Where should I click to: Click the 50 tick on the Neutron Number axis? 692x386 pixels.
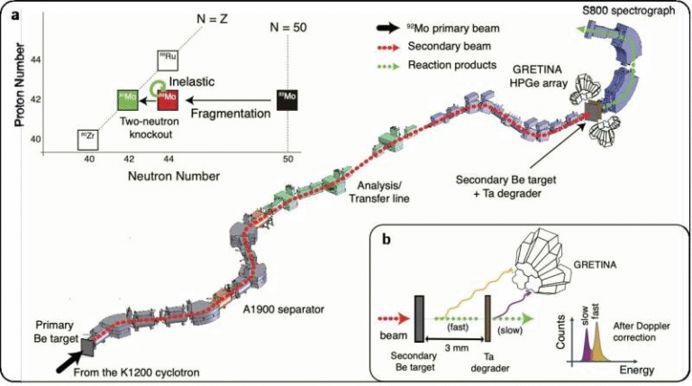(x=287, y=158)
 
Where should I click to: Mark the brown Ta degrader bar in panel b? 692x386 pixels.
(x=487, y=321)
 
